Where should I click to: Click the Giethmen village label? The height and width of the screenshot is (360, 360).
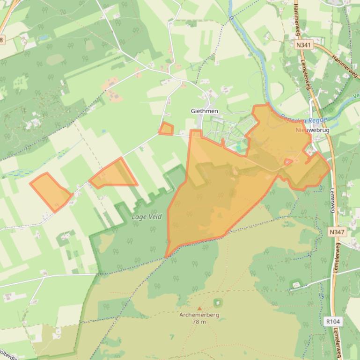pos(205,111)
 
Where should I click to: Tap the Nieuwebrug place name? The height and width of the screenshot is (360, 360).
pos(313,130)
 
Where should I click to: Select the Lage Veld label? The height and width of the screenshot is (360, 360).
pos(147,217)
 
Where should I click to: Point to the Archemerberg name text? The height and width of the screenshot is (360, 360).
pos(199,315)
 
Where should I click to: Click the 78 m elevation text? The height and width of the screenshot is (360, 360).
pos(199,322)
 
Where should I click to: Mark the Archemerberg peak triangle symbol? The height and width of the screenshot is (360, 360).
pos(199,309)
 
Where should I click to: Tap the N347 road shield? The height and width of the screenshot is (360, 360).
pos(336,232)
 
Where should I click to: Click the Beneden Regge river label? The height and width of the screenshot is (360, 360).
pos(304,120)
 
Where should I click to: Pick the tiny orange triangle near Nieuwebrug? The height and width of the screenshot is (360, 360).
pos(288,162)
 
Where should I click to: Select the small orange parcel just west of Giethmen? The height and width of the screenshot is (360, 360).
pos(166,129)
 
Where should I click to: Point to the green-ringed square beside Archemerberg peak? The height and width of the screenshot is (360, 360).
pos(217,303)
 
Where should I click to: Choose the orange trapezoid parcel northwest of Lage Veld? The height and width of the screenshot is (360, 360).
pos(114,174)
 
